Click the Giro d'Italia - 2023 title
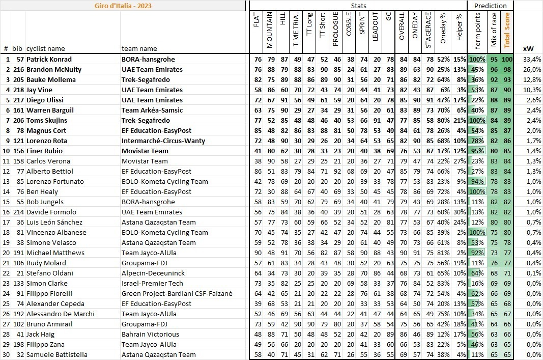[x=123, y=6]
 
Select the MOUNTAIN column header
[x=269, y=30]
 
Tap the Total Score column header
[x=507, y=30]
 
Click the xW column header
[x=528, y=49]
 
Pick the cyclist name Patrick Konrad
[x=49, y=59]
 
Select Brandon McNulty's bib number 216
[x=18, y=69]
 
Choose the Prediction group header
[x=490, y=6]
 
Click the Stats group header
[x=359, y=6]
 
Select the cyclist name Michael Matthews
[x=55, y=253]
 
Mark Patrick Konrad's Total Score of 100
[x=506, y=59]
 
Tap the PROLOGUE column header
[x=335, y=30]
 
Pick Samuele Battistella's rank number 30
[x=6, y=354]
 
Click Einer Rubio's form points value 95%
[x=477, y=151]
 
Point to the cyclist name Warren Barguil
[x=50, y=110]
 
